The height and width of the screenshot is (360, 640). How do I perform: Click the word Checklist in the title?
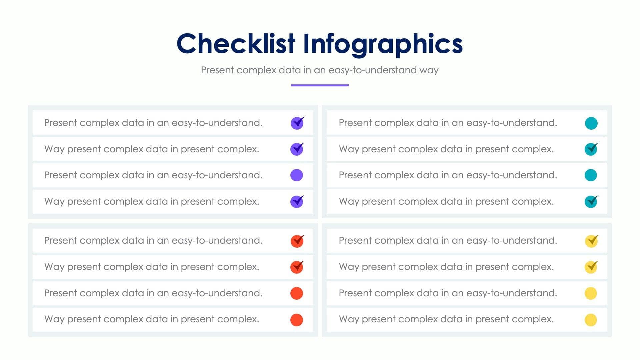click(236, 44)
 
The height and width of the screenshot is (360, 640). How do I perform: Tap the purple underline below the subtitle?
click(320, 85)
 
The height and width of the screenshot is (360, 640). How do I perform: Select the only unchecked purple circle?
click(297, 175)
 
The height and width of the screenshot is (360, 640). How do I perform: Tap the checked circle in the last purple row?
click(297, 202)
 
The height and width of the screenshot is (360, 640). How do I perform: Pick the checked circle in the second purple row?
click(297, 149)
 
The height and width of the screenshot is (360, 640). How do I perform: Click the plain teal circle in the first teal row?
click(591, 123)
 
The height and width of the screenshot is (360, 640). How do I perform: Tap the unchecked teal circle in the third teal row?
click(591, 175)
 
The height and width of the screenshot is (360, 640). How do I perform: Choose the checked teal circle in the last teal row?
click(591, 202)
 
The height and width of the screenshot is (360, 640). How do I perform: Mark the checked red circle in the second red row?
click(297, 267)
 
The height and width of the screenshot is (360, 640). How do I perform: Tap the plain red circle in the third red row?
click(297, 293)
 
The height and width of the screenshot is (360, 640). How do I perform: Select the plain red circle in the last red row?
click(297, 320)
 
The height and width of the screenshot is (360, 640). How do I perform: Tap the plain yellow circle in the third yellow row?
click(591, 293)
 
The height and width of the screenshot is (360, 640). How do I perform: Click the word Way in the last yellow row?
click(349, 319)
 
